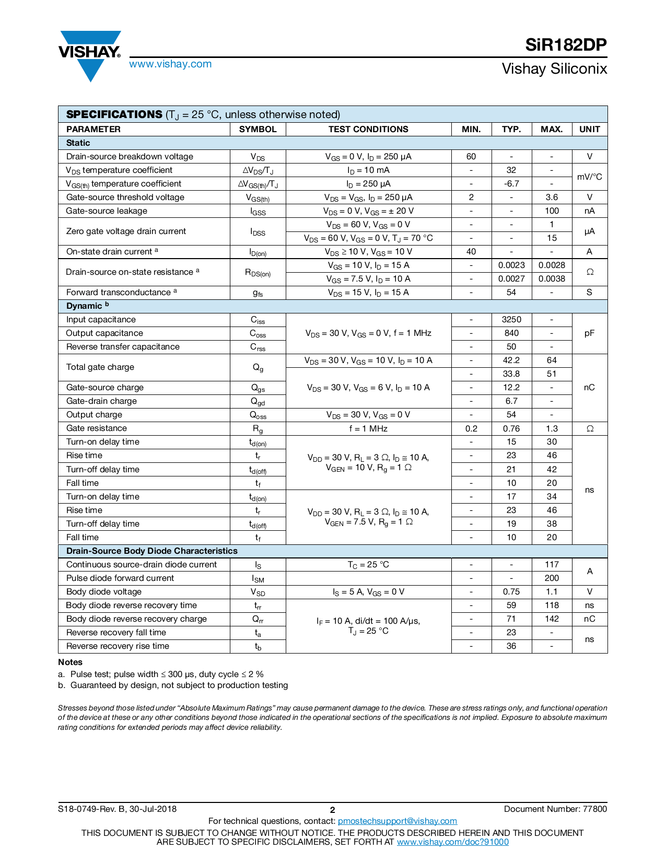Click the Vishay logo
[x=90, y=54]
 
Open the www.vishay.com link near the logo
[x=170, y=64]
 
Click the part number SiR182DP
[x=566, y=45]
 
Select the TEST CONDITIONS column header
[x=368, y=129]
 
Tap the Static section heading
[x=78, y=143]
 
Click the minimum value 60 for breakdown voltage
[x=471, y=156]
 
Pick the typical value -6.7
[x=511, y=183]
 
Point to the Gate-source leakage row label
[x=107, y=211]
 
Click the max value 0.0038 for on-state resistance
[x=552, y=278]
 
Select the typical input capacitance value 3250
[x=511, y=319]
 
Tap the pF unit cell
[x=589, y=333]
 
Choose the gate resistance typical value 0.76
[x=511, y=428]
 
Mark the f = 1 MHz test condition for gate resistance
[x=368, y=428]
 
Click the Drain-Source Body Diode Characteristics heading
[x=151, y=551]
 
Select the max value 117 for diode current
[x=552, y=564]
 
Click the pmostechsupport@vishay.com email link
[x=398, y=821]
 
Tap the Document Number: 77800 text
[x=555, y=809]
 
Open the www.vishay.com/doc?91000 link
[x=452, y=842]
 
